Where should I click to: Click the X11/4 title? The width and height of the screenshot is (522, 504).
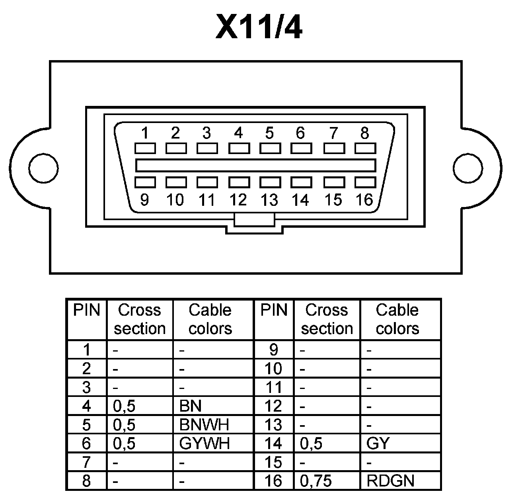(259, 27)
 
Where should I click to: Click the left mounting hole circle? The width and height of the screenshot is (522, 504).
(43, 168)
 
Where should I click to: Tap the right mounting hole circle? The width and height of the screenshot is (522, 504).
(468, 168)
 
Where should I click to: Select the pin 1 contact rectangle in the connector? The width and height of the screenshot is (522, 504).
(145, 148)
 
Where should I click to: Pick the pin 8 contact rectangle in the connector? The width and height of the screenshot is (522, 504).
(365, 148)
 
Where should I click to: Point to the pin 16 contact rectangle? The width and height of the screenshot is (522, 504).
(365, 182)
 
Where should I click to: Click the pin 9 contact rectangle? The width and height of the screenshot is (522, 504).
(145, 182)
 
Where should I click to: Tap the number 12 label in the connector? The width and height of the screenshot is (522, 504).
(238, 199)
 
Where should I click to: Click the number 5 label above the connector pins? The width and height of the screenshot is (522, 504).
(269, 133)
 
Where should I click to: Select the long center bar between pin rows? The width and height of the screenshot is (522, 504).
(255, 165)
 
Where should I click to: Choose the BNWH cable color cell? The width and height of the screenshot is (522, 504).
(204, 425)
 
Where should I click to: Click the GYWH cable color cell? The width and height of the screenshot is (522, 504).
(205, 443)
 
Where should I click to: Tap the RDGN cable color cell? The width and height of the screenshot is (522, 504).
(390, 481)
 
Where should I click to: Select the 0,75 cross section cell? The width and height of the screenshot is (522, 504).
(316, 481)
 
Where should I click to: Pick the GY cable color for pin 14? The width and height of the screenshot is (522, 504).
(378, 443)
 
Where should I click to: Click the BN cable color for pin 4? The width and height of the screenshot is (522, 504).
(191, 406)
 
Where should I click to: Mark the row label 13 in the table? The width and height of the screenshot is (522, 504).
(273, 425)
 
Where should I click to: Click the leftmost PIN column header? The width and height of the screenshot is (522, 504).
(86, 310)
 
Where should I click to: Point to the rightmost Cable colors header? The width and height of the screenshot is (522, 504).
(397, 319)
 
